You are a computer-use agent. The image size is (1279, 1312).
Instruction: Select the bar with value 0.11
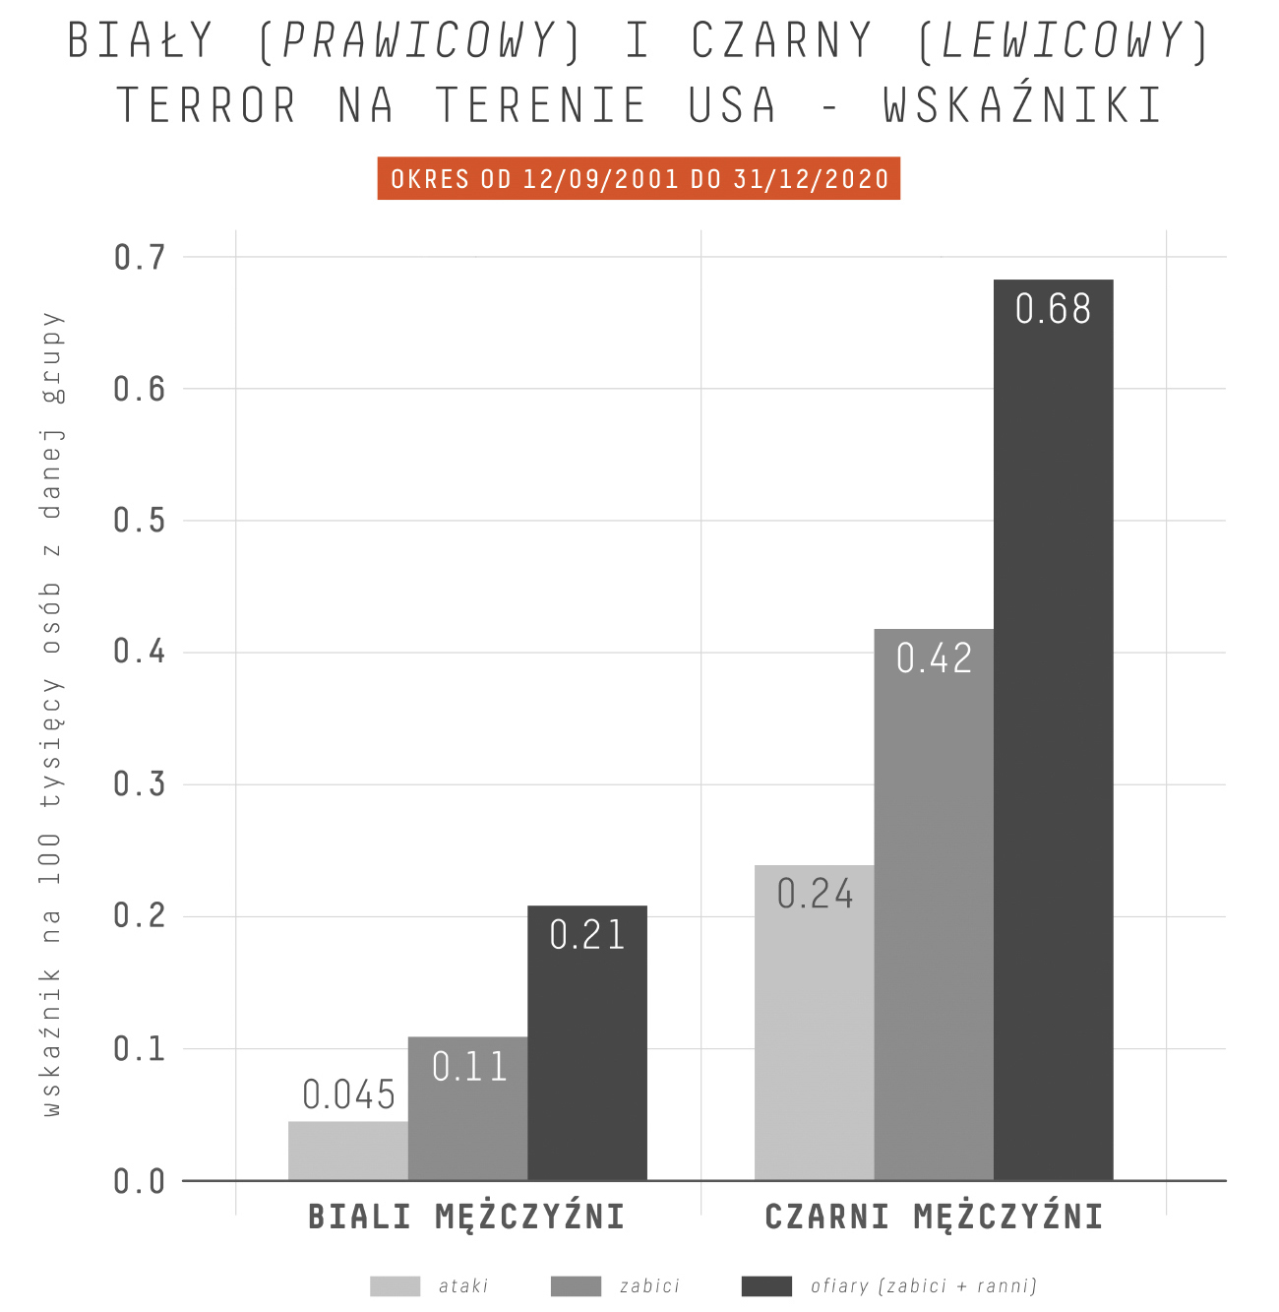click(468, 1112)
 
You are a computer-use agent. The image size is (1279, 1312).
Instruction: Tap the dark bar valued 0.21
click(587, 1043)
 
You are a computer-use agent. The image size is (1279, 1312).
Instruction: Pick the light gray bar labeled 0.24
click(815, 1024)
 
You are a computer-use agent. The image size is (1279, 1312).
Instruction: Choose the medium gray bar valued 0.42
click(934, 906)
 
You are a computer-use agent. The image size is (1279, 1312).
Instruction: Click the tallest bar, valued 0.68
click(1053, 728)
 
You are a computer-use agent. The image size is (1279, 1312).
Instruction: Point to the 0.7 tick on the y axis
click(140, 258)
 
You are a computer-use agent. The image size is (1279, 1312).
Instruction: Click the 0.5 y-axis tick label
click(140, 521)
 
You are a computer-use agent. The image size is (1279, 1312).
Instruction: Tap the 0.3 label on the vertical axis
click(140, 784)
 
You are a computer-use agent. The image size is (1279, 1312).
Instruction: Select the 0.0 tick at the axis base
click(140, 1181)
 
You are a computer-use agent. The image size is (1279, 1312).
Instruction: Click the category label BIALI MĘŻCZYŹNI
click(467, 1218)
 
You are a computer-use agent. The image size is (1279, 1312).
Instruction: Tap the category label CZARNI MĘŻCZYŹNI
click(934, 1218)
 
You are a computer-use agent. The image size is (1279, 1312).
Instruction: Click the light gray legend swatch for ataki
click(395, 1286)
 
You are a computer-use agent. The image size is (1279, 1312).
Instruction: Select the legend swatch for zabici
click(576, 1286)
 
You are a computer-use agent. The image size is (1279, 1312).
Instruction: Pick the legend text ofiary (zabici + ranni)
click(924, 1286)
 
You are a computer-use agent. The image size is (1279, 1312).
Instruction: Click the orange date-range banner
click(639, 179)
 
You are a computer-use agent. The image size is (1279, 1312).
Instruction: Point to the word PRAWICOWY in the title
click(419, 41)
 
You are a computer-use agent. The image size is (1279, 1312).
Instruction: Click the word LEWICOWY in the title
click(1063, 41)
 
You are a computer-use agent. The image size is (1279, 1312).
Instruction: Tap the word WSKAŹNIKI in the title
click(1023, 105)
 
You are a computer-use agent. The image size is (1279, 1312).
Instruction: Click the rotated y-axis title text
click(51, 714)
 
